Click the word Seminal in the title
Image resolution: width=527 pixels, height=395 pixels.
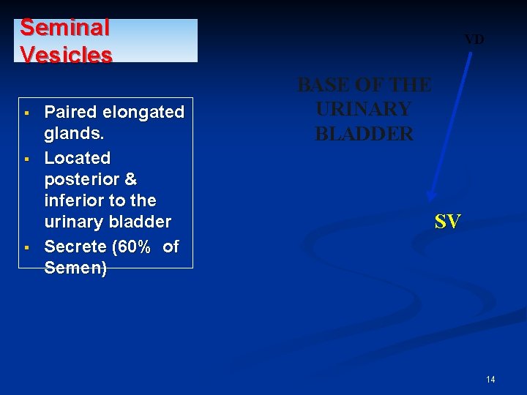[x=64, y=28]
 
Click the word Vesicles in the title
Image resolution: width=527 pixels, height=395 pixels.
[x=66, y=55]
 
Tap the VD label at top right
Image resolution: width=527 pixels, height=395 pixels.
[x=474, y=39]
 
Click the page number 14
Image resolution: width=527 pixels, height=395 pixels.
[x=490, y=379]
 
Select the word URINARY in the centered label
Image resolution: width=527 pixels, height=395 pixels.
[x=364, y=110]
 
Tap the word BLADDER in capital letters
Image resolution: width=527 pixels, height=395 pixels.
[x=364, y=134]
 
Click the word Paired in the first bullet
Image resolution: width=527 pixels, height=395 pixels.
[x=71, y=112]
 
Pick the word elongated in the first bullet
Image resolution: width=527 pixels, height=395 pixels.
[x=143, y=112]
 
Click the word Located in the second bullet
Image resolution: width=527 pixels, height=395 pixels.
[x=78, y=157]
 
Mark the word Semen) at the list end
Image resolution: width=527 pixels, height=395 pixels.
[x=75, y=268]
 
